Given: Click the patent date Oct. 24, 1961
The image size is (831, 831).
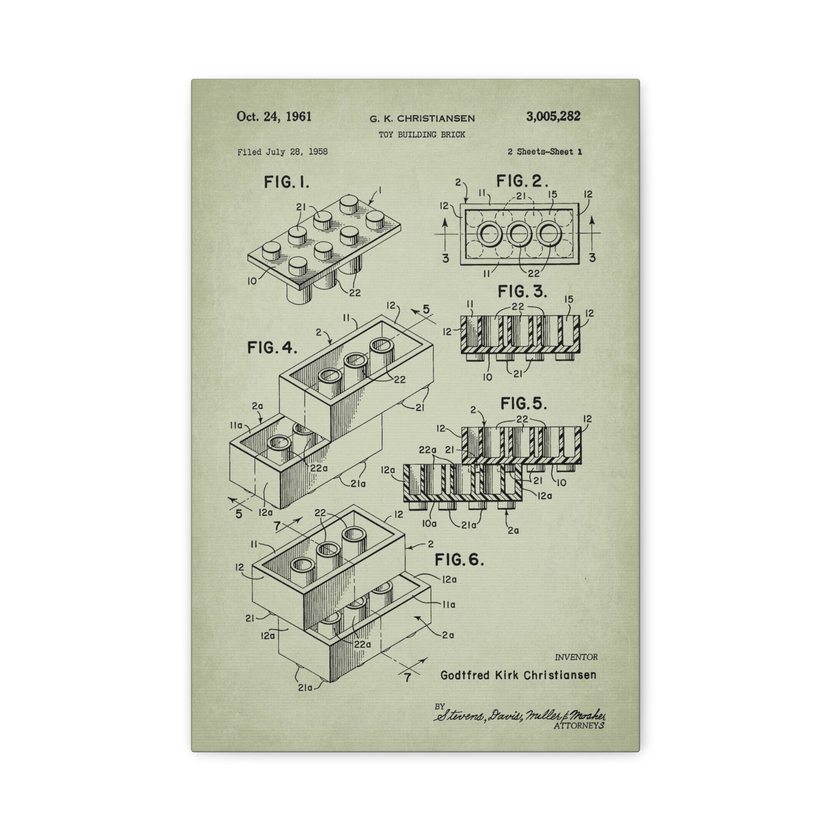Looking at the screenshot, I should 274,117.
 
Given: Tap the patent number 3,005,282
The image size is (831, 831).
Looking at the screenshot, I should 553,117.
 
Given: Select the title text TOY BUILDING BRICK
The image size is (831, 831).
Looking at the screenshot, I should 422,135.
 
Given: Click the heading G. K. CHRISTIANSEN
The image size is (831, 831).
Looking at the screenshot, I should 422,118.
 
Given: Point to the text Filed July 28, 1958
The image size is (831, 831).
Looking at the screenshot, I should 282,152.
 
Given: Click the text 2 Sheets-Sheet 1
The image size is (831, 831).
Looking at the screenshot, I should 545,152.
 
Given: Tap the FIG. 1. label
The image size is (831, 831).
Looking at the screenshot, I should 286,183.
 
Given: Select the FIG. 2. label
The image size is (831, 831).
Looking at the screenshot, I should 522,182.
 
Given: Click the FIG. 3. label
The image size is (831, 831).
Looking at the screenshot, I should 522,292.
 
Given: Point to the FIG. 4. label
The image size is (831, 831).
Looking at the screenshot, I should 272,347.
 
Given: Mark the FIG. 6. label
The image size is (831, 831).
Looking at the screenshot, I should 459,560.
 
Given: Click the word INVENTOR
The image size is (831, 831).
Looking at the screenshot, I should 576,657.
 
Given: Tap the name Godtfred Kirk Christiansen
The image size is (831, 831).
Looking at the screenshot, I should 518,675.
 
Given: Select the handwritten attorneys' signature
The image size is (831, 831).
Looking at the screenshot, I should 520,715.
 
